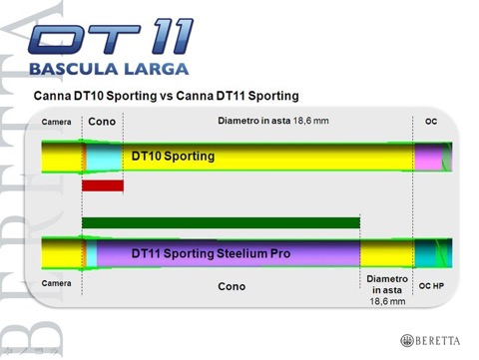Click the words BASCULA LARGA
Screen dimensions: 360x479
tap(113, 71)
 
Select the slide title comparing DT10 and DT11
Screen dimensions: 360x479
tap(166, 96)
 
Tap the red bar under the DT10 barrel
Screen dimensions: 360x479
tap(102, 185)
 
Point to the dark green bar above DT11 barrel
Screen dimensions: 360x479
tap(220, 222)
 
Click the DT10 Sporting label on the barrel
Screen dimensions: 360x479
tap(173, 157)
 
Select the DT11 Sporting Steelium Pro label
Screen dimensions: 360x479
tap(211, 254)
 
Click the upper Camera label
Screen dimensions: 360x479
tap(58, 122)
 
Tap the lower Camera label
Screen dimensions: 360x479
tap(58, 284)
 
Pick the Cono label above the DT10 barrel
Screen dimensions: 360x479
tap(103, 121)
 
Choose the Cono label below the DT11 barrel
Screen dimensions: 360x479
tap(232, 286)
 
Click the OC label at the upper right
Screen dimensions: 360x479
tap(431, 122)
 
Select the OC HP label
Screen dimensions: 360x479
tap(431, 285)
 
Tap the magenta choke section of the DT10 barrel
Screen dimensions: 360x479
tap(429, 158)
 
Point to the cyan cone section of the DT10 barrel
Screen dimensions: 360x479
tap(100, 158)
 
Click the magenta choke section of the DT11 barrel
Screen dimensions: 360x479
tap(429, 253)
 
